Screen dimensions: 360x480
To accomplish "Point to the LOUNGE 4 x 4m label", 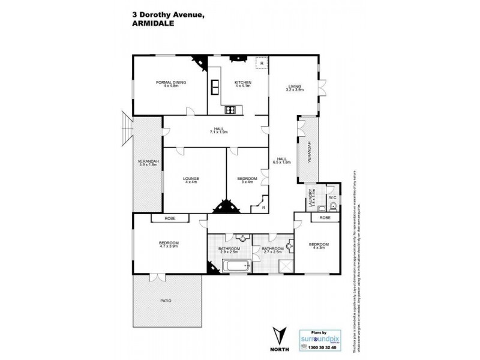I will click(191, 180).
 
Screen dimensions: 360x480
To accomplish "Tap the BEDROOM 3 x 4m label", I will click(247, 180).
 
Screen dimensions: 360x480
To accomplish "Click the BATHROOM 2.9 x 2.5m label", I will click(229, 250).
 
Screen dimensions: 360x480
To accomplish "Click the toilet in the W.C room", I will click(333, 206).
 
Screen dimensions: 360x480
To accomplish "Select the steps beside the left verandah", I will click(125, 130).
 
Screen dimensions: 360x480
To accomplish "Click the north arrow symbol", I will click(278, 334).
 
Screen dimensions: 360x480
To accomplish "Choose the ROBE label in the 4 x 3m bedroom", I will click(325, 218).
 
